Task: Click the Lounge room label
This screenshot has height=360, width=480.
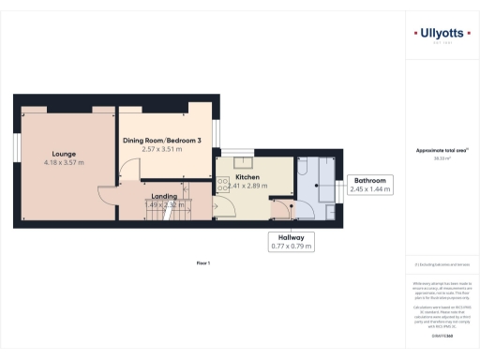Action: tap(64, 153)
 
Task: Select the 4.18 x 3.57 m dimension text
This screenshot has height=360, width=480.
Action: tap(64, 162)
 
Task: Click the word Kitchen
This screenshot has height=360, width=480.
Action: tap(247, 176)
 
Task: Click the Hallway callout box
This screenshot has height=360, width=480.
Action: tap(291, 242)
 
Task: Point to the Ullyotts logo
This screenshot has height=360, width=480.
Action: tap(442, 36)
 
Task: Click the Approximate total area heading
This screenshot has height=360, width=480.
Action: tap(442, 151)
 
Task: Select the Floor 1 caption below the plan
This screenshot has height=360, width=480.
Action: tap(202, 263)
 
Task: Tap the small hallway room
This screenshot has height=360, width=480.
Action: tap(281, 210)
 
